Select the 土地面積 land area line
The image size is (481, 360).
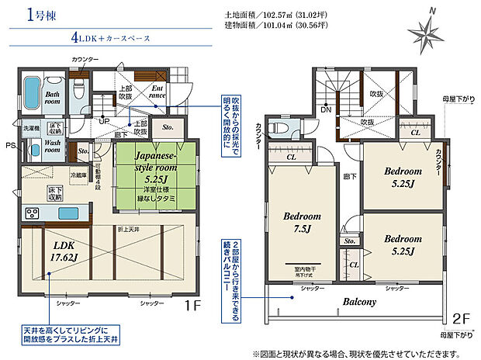click(275, 15)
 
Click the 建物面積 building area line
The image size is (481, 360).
click(275, 25)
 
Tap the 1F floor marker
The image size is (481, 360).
click(193, 305)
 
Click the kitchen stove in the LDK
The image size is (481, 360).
click(34, 213)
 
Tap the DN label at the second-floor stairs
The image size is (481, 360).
click(326, 110)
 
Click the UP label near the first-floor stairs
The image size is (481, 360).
click(104, 121)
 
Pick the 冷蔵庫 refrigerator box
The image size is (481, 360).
click(78, 175)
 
